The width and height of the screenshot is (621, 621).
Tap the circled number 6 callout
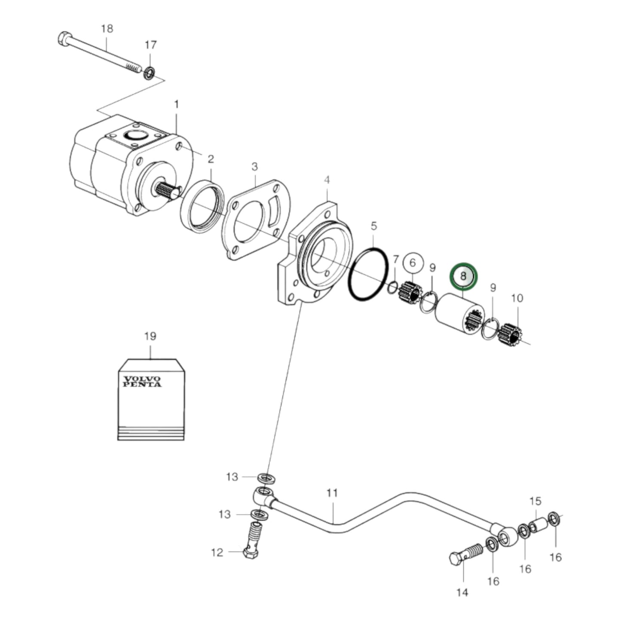click(x=413, y=263)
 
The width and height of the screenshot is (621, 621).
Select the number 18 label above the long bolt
click(x=107, y=29)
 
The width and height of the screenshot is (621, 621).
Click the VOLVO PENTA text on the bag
click(x=142, y=382)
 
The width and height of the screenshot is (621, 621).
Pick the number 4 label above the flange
click(x=327, y=179)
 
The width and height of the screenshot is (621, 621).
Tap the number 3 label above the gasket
click(x=255, y=166)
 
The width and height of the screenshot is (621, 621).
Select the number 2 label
click(x=211, y=159)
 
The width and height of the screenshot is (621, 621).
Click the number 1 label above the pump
click(x=176, y=104)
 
